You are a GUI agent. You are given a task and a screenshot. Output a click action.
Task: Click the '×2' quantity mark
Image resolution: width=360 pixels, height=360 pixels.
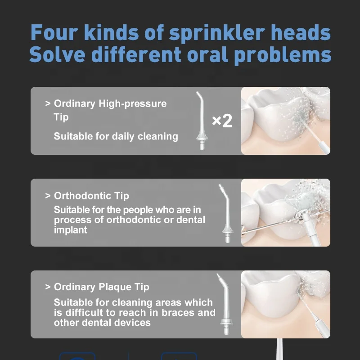coord(222,121)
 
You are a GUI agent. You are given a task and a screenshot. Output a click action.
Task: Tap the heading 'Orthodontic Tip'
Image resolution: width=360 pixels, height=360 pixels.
coord(91,196)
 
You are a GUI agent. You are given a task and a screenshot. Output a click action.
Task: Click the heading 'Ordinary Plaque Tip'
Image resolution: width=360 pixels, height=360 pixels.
coord(101,287)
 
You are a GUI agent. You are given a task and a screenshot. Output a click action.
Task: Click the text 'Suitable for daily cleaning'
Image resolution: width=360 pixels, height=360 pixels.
coord(116,136)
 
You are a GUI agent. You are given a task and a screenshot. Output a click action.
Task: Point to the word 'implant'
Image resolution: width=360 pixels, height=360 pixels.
coord(71,229)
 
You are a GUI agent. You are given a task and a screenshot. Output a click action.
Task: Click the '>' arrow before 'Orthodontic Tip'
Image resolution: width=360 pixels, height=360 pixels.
coord(48,196)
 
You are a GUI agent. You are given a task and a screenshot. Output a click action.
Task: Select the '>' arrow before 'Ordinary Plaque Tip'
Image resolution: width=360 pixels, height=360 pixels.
coord(48,287)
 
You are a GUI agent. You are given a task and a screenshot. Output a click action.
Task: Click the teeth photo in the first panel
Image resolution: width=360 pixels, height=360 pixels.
coord(286,121)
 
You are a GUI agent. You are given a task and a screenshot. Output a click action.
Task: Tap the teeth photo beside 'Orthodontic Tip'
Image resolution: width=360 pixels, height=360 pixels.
coord(286,212)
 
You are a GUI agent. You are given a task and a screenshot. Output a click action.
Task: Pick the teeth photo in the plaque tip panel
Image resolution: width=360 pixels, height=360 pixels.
coord(286,304)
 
